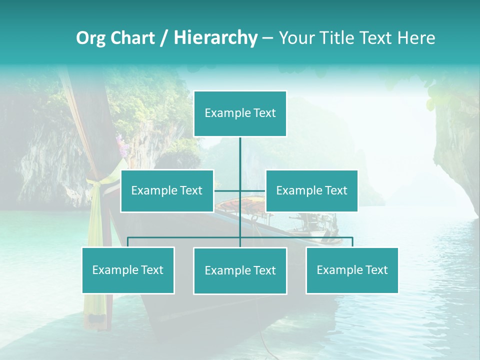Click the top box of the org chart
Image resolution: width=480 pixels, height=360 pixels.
click(240, 113)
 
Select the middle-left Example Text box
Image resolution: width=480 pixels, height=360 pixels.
click(167, 190)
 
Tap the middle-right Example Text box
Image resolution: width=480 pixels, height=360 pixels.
click(311, 190)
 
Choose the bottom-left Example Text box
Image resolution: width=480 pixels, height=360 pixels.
click(128, 270)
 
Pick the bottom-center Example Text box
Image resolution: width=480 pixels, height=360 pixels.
click(240, 270)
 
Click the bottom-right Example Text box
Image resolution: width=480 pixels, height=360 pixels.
click(352, 270)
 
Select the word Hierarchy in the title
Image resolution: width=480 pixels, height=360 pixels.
click(215, 38)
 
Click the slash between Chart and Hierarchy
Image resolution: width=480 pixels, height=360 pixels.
click(164, 38)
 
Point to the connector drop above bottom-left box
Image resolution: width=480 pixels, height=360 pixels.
click(128, 242)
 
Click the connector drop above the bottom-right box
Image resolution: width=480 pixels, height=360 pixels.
click(352, 242)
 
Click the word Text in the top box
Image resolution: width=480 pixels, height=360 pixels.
click(264, 113)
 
